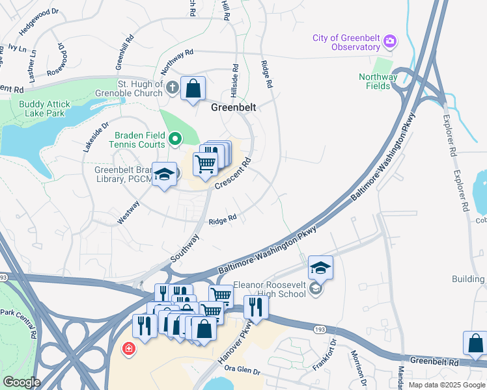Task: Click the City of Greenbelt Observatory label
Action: (x=346, y=42)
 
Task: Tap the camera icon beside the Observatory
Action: (x=389, y=42)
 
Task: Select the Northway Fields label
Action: (x=378, y=81)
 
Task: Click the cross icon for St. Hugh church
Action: (x=172, y=88)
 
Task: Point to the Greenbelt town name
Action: (x=233, y=107)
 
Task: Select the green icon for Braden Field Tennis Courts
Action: (x=174, y=138)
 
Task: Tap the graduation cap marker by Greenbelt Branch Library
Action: (x=165, y=175)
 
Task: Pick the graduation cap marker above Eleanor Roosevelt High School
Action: (x=320, y=267)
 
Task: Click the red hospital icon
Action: (x=129, y=348)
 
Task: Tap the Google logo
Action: (x=21, y=382)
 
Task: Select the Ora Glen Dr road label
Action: (x=242, y=371)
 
